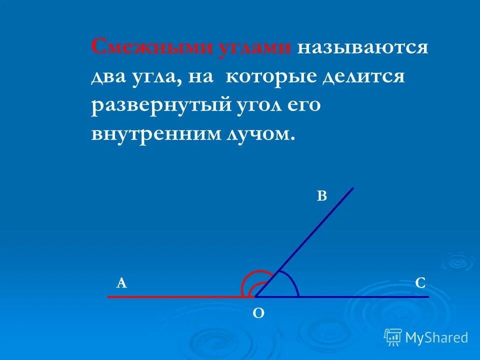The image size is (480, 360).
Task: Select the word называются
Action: coord(362,48)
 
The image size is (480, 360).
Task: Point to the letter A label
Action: coord(121,283)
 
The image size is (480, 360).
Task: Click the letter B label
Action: coord(321,196)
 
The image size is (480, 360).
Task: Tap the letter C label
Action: coord(420,283)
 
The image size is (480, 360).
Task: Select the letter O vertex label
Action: coord(258,313)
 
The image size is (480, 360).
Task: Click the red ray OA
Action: coord(175,297)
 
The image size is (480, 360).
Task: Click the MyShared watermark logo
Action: coord(426,337)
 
